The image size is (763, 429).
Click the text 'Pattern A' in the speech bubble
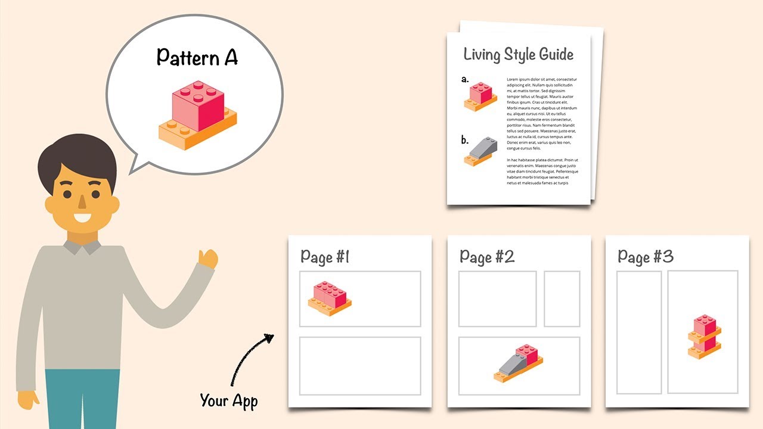[197, 57]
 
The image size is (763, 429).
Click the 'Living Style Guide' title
[519, 54]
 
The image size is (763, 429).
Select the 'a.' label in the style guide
[465, 78]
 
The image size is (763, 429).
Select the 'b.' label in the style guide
[465, 141]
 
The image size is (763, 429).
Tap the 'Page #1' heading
[325, 257]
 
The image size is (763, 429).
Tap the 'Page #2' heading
[487, 257]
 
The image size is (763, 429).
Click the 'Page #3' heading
[646, 257]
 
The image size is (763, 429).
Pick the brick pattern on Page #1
[330, 298]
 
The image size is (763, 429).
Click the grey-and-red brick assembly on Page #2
[519, 362]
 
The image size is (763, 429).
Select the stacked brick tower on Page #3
[705, 335]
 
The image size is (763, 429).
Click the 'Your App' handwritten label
[228, 401]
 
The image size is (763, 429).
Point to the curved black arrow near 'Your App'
[249, 357]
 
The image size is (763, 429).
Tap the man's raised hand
[208, 259]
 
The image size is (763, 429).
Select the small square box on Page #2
[562, 299]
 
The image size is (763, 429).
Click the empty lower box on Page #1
[360, 366]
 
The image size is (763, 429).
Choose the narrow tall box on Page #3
[639, 332]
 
